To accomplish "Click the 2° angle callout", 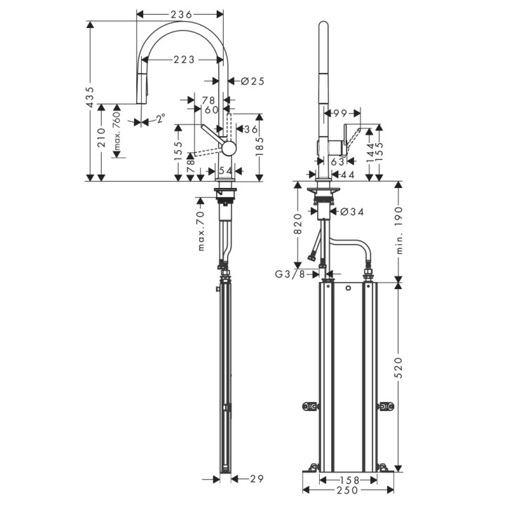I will point(160,120).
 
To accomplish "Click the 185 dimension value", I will point(260,147).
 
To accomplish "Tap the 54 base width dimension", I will point(226,170).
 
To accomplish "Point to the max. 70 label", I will point(200,231).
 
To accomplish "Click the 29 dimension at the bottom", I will point(257,478).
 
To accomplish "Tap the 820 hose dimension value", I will point(297,222).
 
